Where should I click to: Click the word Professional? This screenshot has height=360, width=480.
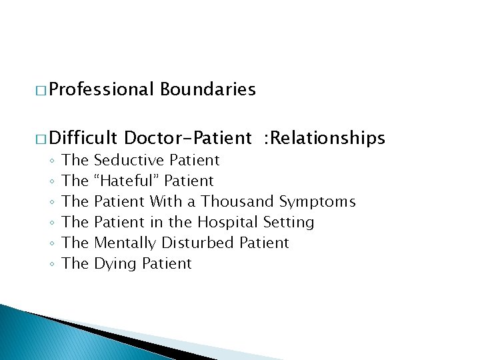point(101,89)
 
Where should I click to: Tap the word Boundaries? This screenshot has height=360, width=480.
point(208,89)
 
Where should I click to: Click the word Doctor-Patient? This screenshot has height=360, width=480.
point(188,138)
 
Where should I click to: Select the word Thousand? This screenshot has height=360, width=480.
point(238,201)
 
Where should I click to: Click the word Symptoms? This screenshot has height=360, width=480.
point(317,201)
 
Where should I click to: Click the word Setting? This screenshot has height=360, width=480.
point(289,222)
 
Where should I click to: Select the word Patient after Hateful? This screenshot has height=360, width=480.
point(189,181)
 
